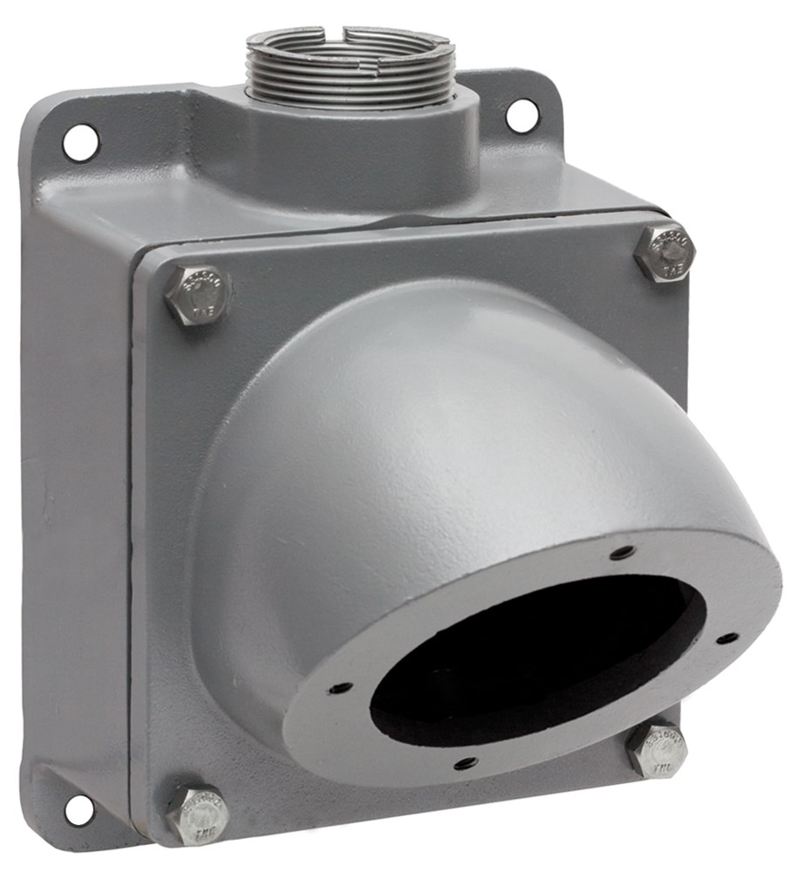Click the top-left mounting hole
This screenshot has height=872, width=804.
79,141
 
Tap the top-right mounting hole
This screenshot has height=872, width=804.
521,115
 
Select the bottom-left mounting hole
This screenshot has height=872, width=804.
78,810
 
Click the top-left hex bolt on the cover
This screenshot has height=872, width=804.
198,296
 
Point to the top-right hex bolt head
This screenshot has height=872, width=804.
664,253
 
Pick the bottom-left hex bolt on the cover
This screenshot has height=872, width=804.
198,815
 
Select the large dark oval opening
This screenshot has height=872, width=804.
532,663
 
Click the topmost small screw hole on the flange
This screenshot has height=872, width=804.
621,553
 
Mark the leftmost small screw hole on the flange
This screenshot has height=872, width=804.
340,688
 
